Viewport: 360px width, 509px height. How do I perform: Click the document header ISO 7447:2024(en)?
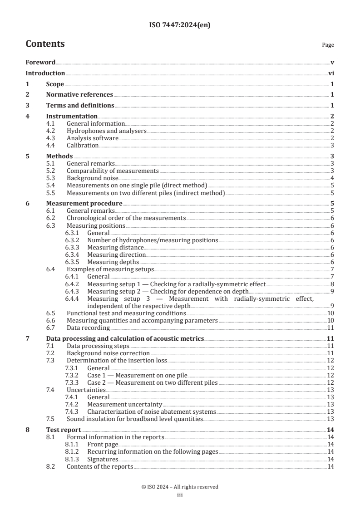point(180,26)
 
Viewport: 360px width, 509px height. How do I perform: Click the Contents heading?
point(45,44)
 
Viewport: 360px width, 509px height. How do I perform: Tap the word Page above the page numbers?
point(328,45)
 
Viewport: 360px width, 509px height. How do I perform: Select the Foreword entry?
point(40,62)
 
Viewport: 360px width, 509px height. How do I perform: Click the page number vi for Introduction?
point(331,73)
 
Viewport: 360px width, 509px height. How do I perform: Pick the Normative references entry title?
point(79,95)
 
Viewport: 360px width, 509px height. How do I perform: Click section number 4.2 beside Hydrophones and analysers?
point(51,131)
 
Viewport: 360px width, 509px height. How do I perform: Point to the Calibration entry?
point(83,145)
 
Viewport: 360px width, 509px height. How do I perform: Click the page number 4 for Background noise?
point(332,178)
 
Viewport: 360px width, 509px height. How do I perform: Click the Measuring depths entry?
point(113,262)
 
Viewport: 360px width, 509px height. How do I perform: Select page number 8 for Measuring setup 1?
point(332,284)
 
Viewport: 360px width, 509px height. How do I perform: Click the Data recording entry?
point(88,327)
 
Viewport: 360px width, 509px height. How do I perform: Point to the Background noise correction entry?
point(108,352)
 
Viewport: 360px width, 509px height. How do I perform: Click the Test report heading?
point(64,429)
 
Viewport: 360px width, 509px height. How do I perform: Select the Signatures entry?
point(103,459)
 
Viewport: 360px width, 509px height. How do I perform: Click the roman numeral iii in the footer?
point(180,495)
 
